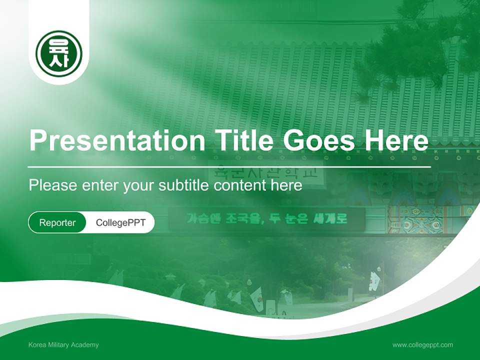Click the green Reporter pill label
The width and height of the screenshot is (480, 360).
tap(57, 222)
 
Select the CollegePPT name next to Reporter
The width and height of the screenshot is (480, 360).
tap(120, 222)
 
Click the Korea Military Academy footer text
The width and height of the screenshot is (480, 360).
tap(63, 345)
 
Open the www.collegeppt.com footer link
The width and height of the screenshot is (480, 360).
tap(422, 345)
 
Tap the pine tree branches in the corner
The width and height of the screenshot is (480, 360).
tap(415, 45)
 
